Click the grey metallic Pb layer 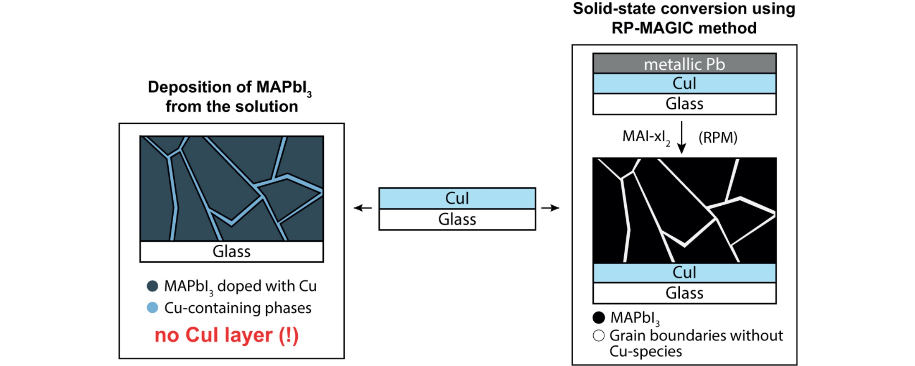click(x=684, y=64)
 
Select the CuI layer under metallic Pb click(x=684, y=83)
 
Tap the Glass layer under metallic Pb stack click(x=684, y=104)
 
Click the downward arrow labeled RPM click(x=682, y=137)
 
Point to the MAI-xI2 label click(x=646, y=137)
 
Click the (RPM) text click(x=718, y=138)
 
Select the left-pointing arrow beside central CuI click(x=363, y=208)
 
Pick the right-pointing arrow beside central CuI click(x=550, y=208)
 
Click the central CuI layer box click(x=457, y=198)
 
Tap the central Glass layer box click(x=457, y=219)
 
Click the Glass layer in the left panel click(x=232, y=252)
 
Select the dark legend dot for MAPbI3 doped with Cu click(x=153, y=286)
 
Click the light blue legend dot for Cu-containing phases click(x=153, y=308)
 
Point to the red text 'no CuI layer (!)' click(x=227, y=335)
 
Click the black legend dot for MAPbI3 click(x=599, y=317)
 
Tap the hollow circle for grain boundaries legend click(x=599, y=335)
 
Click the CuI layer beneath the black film click(x=684, y=273)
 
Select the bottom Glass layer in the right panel click(x=684, y=293)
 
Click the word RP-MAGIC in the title click(x=652, y=28)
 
